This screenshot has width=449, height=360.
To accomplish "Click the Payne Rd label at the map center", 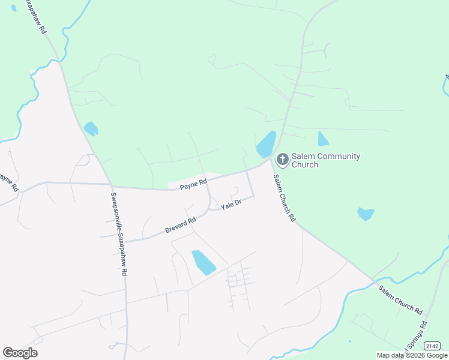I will point(193,185).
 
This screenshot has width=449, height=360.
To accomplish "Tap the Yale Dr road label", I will point(231,205).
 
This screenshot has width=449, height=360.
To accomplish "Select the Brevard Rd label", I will point(180,226).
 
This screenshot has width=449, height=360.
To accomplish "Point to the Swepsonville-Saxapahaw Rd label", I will point(119,234).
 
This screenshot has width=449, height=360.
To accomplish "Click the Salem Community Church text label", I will point(325,160).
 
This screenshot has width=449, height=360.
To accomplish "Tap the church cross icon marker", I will point(282,160).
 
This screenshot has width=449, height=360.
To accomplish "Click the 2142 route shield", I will point(432,346).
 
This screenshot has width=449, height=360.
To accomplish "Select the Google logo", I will point(20,353).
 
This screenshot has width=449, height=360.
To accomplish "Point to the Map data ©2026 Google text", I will point(412,355).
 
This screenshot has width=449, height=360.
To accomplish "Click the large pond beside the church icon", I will point(266,145).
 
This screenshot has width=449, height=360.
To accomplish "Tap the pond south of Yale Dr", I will point(203,262).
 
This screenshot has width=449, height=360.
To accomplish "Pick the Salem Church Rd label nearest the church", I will point(285,199).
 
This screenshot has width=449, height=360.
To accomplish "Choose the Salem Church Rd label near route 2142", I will point(400,300).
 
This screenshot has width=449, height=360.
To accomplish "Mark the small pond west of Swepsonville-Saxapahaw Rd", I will point(91,128).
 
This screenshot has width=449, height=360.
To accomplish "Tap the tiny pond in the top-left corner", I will point(13,8).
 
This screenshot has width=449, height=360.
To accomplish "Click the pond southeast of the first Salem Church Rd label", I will point(365,214).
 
